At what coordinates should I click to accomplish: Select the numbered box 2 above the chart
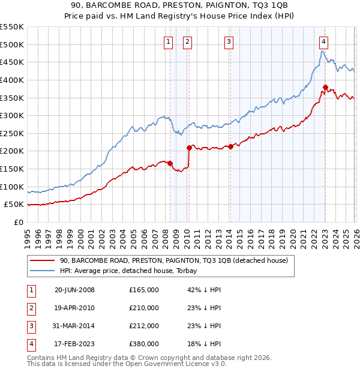[x=188, y=41]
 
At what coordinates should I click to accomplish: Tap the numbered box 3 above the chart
[x=229, y=41]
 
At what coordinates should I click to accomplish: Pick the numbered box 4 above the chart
[x=323, y=41]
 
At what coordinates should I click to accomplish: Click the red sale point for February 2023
[x=325, y=87]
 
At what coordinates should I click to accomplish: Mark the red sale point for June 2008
[x=170, y=163]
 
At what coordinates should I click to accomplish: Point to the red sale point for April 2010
[x=189, y=147]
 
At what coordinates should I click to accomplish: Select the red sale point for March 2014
[x=231, y=146]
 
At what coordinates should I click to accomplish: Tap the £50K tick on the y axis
[x=14, y=205]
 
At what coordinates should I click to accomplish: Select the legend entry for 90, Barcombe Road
[x=174, y=260]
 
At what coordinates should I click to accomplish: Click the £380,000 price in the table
[x=144, y=344]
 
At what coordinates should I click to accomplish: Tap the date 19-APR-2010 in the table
[x=74, y=308]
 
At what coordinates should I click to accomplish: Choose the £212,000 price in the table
[x=144, y=326]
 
